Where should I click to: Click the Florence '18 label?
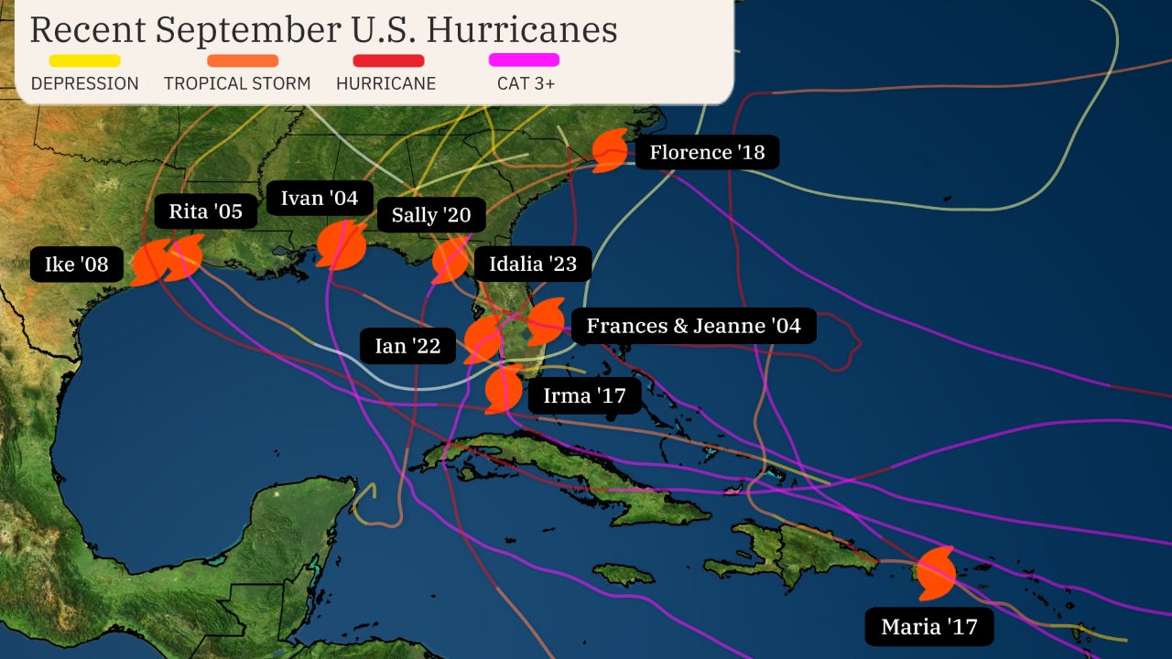(707, 152)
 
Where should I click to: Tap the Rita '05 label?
(205, 212)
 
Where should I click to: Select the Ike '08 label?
(77, 265)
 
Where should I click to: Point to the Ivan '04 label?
(320, 199)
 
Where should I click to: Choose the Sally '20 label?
(430, 215)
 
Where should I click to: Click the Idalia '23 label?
(533, 265)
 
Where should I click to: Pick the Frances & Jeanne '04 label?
(693, 326)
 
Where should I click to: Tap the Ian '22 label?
(407, 346)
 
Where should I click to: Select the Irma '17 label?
(584, 396)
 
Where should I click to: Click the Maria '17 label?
(929, 627)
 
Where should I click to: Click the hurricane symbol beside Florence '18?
(610, 150)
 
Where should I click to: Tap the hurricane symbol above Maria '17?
(936, 573)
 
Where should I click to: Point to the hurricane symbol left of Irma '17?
(502, 390)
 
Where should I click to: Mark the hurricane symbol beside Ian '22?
(483, 340)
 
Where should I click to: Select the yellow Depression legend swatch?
(84, 60)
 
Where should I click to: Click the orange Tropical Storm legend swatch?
(243, 60)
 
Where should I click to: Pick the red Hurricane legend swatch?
(388, 60)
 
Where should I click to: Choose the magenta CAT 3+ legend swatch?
(524, 60)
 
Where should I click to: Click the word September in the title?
(247, 29)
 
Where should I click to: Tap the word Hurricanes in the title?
(522, 29)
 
